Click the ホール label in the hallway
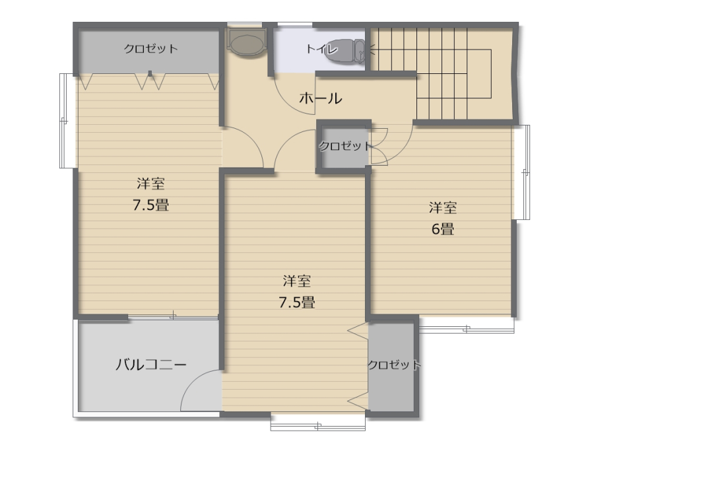(320, 98)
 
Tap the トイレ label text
(321, 48)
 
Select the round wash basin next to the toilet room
(246, 43)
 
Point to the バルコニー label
(151, 365)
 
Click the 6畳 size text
(443, 229)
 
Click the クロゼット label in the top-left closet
(150, 48)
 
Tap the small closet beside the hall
(343, 146)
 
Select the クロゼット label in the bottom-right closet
(394, 365)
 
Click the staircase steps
(442, 73)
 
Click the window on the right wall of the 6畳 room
(521, 172)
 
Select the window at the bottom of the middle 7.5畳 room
(318, 423)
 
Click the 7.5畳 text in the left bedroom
(151, 205)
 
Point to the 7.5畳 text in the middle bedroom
(297, 302)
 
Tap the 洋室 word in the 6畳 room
(443, 207)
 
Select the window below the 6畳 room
(467, 325)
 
